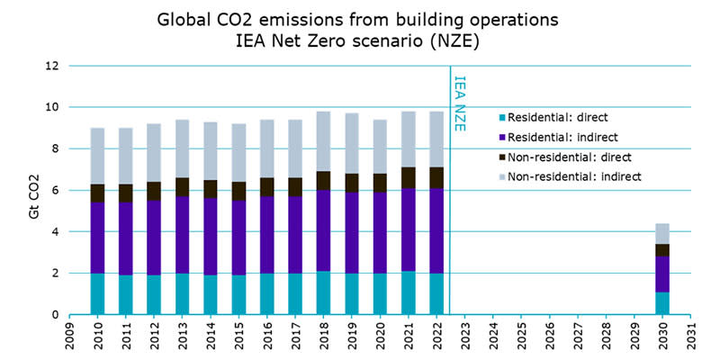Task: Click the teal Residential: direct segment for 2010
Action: (x=97, y=293)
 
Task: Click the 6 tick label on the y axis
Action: (x=55, y=190)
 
